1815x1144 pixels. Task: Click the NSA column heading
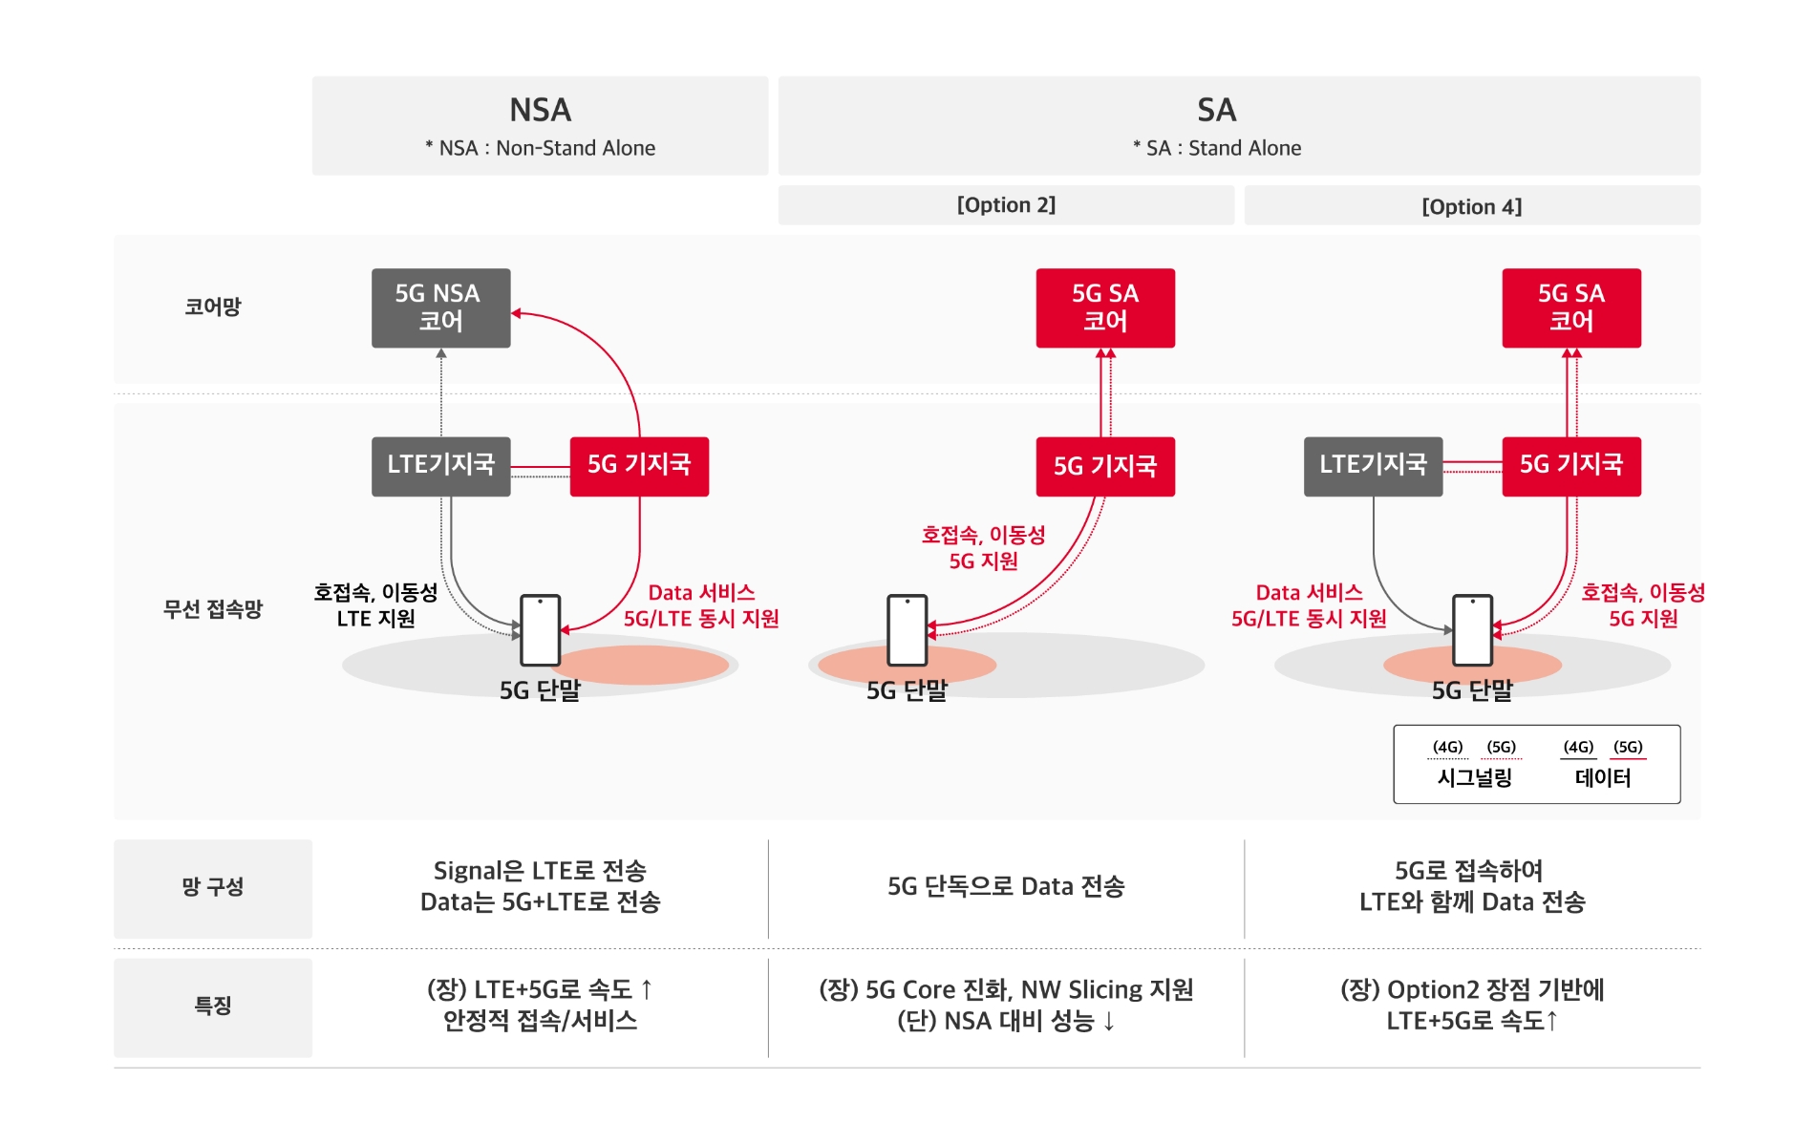(x=540, y=111)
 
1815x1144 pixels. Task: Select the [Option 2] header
(x=1006, y=205)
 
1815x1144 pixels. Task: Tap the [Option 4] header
(x=1471, y=207)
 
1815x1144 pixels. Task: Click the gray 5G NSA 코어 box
(x=440, y=307)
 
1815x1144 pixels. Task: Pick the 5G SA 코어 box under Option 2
(x=1105, y=307)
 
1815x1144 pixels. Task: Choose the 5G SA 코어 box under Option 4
(x=1571, y=307)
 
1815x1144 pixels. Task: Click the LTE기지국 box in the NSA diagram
(x=440, y=466)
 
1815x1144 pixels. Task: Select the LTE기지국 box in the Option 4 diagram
(x=1373, y=466)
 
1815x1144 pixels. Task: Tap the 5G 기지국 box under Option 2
(x=1105, y=466)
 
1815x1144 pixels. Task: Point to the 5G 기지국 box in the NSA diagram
(x=639, y=466)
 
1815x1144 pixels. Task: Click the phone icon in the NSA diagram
(x=540, y=630)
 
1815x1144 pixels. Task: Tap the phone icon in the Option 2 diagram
(x=907, y=630)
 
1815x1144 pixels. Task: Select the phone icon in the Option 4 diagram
(x=1472, y=630)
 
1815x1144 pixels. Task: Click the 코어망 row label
(x=212, y=307)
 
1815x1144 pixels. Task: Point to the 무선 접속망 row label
(x=212, y=609)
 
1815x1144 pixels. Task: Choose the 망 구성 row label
(x=212, y=887)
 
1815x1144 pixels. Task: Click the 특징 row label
(x=212, y=1006)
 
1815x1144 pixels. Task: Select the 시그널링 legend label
(x=1474, y=778)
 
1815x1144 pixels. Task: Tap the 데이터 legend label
(x=1603, y=778)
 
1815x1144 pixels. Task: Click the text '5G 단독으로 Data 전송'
(x=1006, y=887)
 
